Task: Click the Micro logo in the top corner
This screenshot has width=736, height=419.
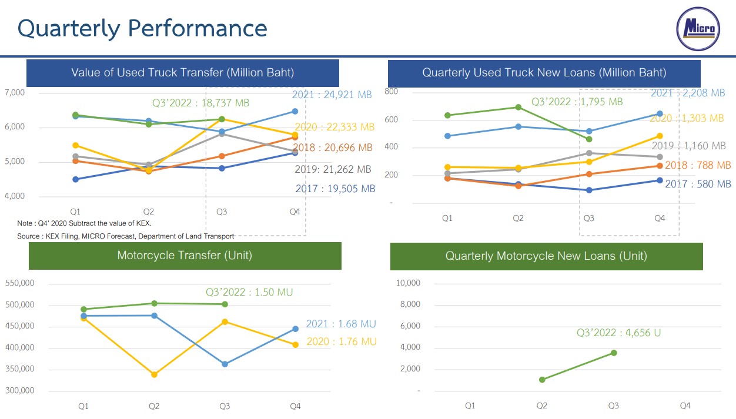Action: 698,29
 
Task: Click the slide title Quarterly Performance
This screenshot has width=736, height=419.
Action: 142,28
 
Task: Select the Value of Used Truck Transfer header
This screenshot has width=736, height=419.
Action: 182,73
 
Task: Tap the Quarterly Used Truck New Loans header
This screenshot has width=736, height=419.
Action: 544,73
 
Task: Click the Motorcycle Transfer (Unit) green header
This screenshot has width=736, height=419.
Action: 185,256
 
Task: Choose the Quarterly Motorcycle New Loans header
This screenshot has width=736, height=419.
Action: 546,256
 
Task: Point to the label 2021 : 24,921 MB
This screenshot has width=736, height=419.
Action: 332,94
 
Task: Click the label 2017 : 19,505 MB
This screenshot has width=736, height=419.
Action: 335,189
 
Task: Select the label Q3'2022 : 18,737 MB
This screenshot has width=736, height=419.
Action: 200,103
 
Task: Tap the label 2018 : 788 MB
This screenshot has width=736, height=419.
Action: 698,166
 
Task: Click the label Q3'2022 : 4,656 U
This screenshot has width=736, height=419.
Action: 618,333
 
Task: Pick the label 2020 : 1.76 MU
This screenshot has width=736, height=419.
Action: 342,341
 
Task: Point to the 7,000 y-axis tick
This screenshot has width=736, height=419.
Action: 15,92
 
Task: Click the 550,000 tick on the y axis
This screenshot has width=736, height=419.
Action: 20,283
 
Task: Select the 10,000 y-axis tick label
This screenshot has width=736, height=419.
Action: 408,283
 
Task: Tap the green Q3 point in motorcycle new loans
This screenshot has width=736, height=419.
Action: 614,353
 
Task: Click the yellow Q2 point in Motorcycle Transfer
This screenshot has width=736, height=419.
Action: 154,374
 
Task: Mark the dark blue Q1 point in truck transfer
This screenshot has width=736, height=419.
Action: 75,179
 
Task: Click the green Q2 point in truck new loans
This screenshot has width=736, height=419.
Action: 518,107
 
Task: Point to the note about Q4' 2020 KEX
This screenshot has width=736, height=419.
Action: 85,223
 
